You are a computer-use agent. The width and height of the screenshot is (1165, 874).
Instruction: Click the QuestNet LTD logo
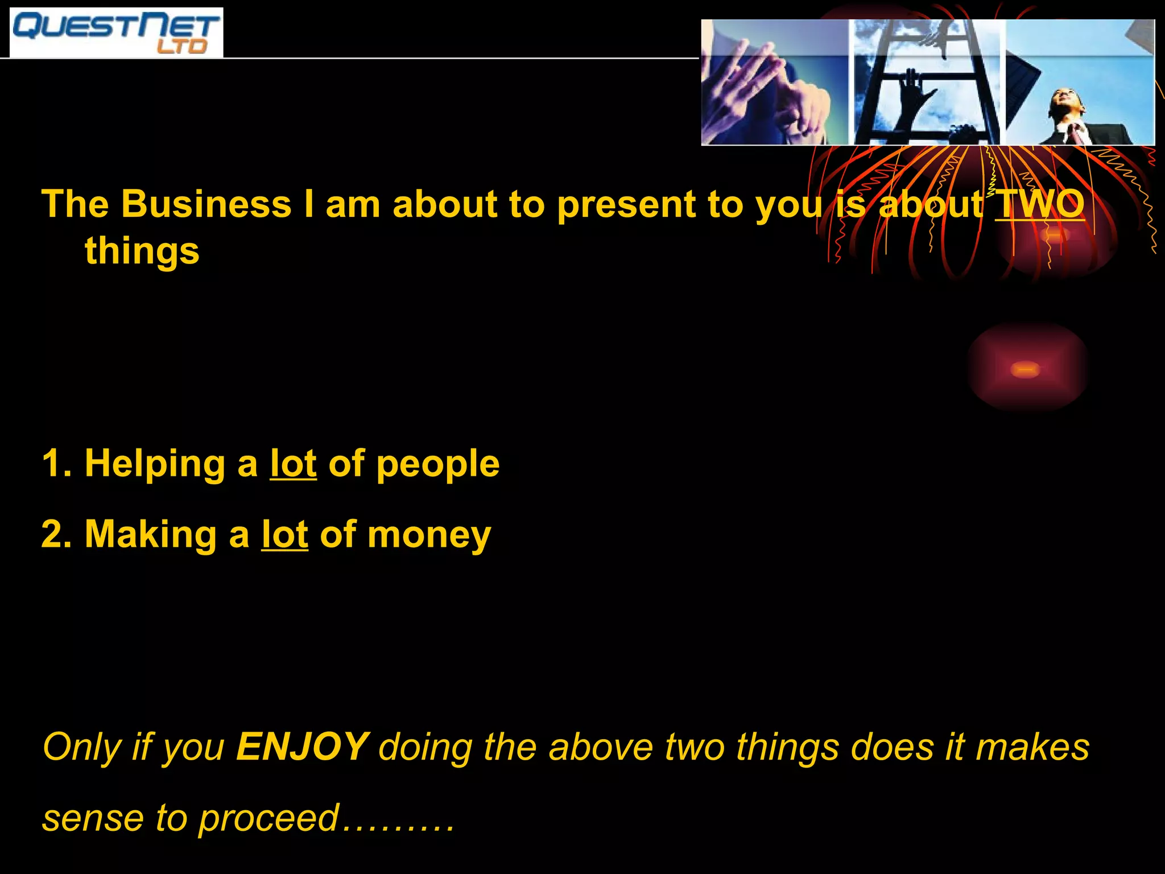click(x=116, y=32)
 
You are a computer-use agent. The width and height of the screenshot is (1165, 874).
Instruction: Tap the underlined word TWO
click(x=1040, y=203)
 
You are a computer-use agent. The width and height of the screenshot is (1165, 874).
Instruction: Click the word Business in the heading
click(x=206, y=203)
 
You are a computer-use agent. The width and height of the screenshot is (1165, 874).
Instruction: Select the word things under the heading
click(x=142, y=250)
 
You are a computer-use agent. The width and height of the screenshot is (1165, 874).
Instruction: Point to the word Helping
click(x=155, y=464)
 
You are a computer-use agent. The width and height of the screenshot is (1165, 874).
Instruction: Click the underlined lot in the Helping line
click(x=293, y=463)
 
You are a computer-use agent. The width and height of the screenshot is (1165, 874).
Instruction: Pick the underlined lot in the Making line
click(x=284, y=534)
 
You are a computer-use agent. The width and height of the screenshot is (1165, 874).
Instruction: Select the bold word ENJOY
click(x=303, y=747)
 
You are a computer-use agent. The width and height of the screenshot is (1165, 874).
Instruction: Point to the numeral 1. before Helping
click(x=56, y=463)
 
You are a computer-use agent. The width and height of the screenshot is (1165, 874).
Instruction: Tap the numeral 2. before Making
click(x=56, y=534)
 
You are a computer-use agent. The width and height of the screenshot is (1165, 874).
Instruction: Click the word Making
click(x=150, y=535)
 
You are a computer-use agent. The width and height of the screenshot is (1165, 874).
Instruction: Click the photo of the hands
click(x=775, y=83)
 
